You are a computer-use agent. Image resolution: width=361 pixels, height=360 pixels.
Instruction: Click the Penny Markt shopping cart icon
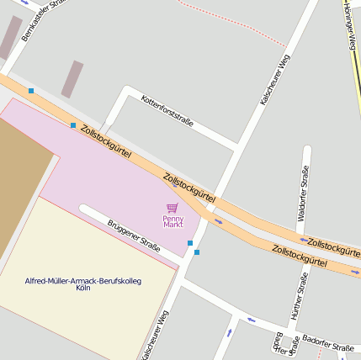[173, 208]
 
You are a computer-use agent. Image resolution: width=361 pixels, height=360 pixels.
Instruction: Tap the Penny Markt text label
[173, 221]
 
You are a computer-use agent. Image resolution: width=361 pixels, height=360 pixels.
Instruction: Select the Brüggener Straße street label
[133, 236]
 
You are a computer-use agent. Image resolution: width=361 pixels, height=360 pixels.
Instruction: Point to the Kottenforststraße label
[167, 110]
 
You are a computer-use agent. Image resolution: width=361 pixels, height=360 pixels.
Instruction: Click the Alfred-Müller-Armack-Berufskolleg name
[82, 280]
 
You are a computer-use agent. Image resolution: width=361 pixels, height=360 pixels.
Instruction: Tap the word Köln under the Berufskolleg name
[82, 288]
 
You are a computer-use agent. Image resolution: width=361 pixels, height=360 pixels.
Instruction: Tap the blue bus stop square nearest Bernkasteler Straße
[31, 90]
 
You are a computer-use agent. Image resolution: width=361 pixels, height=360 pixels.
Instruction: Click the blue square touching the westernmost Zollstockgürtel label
[73, 125]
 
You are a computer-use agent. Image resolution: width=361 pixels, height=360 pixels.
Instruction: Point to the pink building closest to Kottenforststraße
[72, 79]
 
